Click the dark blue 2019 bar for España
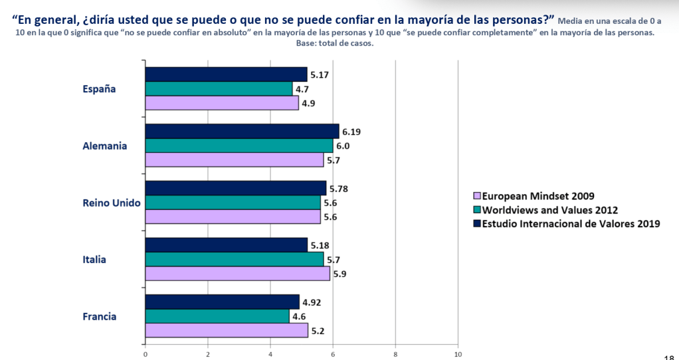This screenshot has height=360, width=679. [226, 74]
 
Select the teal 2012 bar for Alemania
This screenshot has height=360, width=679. [239, 145]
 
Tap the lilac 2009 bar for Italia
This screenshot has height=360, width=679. [237, 274]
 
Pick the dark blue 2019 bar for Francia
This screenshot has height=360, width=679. [222, 302]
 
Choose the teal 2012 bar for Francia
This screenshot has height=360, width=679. [217, 316]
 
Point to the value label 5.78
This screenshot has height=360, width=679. [338, 189]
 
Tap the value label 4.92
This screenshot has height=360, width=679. [312, 302]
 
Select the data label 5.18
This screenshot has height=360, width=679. [320, 246]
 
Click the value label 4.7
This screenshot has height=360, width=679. [302, 89]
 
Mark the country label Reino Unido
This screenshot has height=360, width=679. [112, 203]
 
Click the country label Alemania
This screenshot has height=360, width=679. [105, 146]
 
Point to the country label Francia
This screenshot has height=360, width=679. [100, 316]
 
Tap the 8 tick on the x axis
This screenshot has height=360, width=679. [395, 354]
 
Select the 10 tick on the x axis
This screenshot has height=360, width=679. [458, 354]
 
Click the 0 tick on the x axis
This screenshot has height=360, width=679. [145, 354]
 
